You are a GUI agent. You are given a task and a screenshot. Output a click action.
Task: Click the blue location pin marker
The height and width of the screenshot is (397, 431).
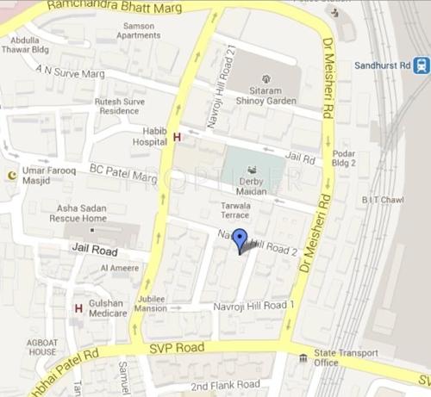(x=241, y=240)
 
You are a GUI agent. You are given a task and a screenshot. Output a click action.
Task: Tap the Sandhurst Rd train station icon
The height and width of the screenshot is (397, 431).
(x=421, y=65)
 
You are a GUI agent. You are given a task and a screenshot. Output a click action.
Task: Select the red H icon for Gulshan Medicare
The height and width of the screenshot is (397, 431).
(x=78, y=308)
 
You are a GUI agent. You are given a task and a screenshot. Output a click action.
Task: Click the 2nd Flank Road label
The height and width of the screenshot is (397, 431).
(x=226, y=384)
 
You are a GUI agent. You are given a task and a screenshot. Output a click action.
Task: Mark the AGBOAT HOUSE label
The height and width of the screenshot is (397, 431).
(x=43, y=347)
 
